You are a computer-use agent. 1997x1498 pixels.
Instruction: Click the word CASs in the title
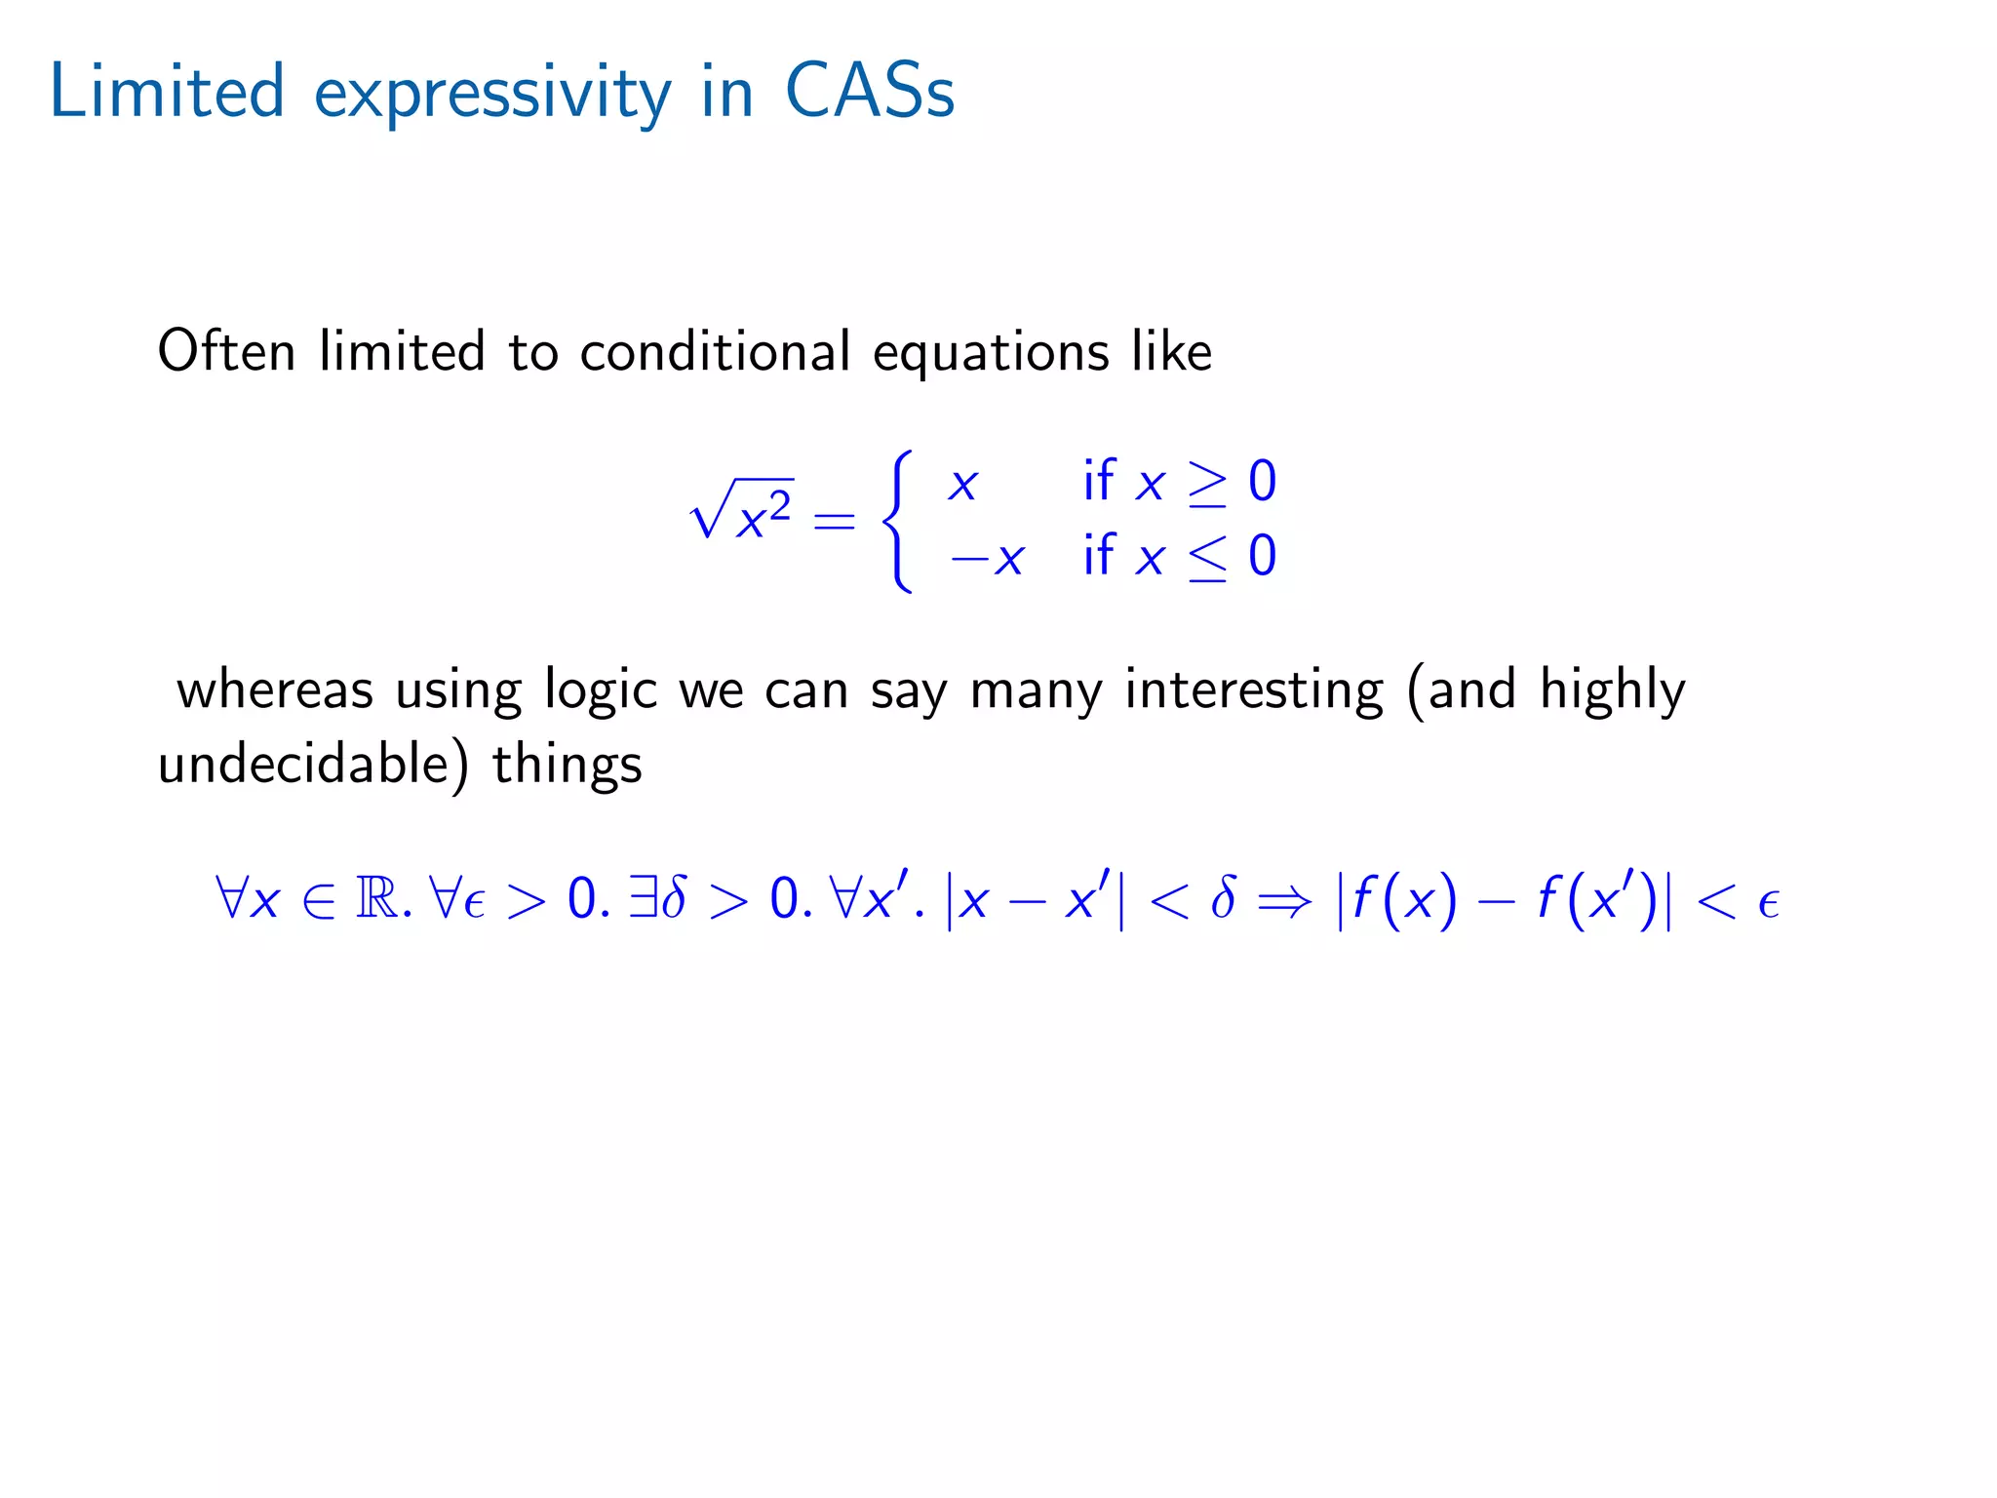(x=869, y=92)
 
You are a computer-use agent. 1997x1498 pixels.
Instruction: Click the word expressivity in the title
(x=492, y=96)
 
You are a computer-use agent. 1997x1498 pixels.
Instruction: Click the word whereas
(x=275, y=690)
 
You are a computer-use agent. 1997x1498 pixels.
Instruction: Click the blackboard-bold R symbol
(x=377, y=898)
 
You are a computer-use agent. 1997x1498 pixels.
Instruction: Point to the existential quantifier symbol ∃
(x=643, y=897)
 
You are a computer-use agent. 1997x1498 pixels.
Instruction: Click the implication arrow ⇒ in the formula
(x=1284, y=900)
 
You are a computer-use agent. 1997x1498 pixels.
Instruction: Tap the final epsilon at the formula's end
(x=1769, y=903)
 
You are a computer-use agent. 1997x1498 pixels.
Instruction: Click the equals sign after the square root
(x=834, y=521)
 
